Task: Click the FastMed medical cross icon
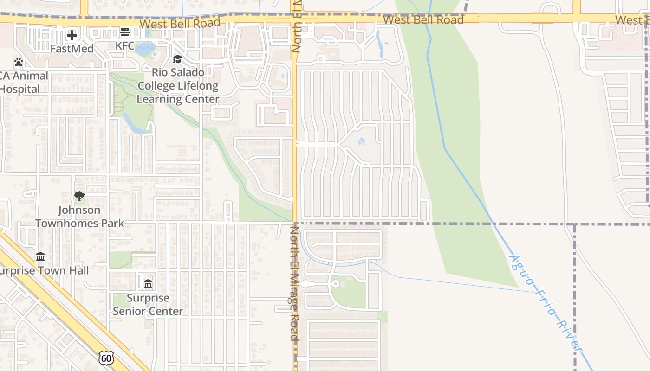(x=71, y=35)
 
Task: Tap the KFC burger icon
(x=124, y=32)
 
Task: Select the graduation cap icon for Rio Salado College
(x=177, y=59)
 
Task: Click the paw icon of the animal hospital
(x=18, y=62)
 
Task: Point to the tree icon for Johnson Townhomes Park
(x=79, y=196)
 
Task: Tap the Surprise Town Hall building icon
(x=40, y=256)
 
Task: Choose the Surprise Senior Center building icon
(x=148, y=284)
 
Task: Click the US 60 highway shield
(x=106, y=358)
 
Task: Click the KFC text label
(x=124, y=45)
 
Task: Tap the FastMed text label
(x=72, y=48)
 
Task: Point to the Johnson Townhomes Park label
(x=79, y=217)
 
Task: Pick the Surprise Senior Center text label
(x=148, y=304)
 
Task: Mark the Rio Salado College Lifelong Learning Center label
(x=178, y=86)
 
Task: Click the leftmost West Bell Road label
(x=180, y=23)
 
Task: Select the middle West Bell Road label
(x=423, y=19)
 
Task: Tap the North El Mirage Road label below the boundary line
(x=294, y=283)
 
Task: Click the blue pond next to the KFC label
(x=145, y=48)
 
